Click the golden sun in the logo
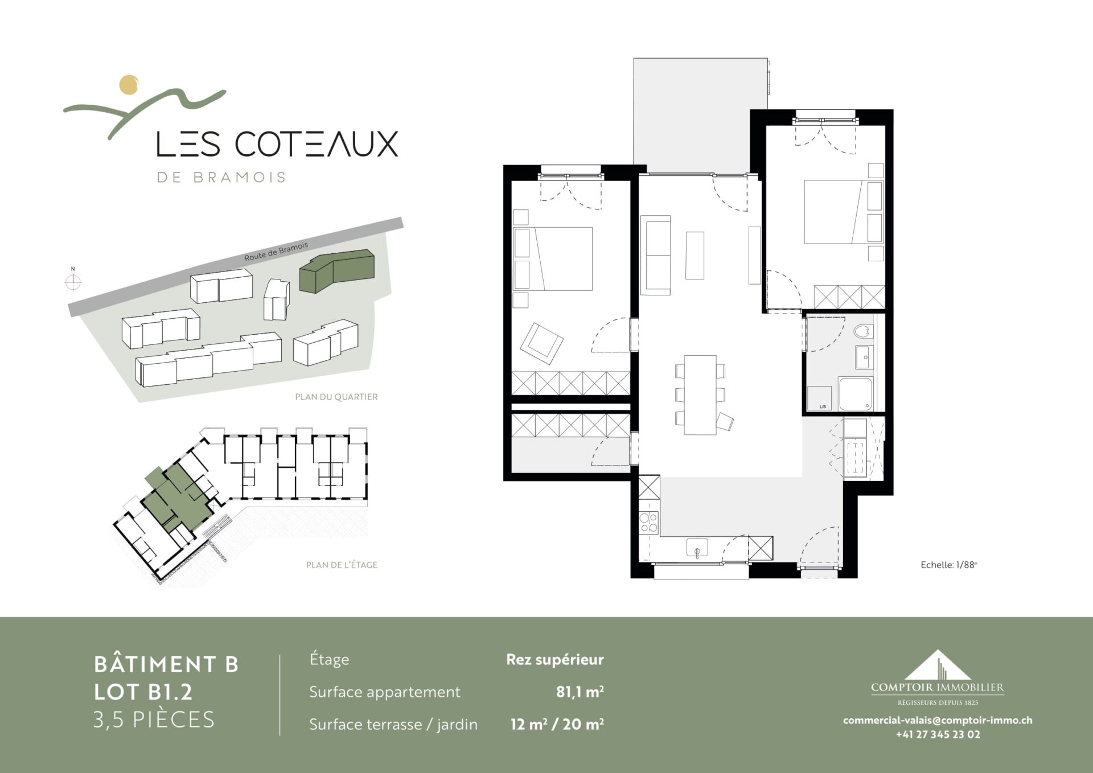pos(129,84)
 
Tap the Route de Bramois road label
pos(276,251)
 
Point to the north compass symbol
pos(73,281)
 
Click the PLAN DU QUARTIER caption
pos(336,397)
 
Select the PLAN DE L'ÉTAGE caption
pos(342,565)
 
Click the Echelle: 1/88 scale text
pos(949,565)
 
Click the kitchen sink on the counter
pos(697,548)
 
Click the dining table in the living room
pos(700,394)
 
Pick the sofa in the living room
pos(655,255)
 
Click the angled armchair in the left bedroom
pos(541,343)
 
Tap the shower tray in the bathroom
pos(856,393)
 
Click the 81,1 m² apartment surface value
pos(580,692)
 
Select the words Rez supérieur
pos(555,660)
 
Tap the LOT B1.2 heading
pos(143,692)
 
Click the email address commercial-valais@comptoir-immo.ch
pos(938,720)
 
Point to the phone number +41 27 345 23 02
pos(938,734)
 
